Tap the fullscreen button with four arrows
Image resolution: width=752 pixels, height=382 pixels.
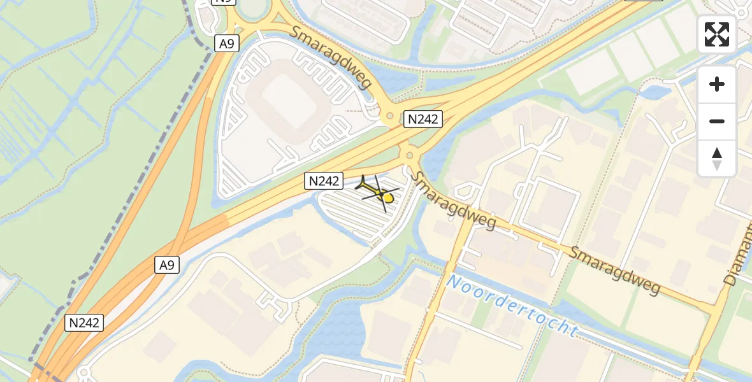717,34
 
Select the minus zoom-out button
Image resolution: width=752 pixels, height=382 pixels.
717,121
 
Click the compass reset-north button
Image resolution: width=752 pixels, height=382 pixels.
717,159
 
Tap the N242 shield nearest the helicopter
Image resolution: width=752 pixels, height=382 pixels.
324,181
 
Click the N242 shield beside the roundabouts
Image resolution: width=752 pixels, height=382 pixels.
423,119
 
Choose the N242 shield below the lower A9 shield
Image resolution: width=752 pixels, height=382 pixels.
84,323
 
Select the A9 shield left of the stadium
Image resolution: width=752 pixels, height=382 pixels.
226,43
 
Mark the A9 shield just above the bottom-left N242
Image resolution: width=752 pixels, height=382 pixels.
166,265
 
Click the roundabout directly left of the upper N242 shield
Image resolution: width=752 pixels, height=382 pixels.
389,117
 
